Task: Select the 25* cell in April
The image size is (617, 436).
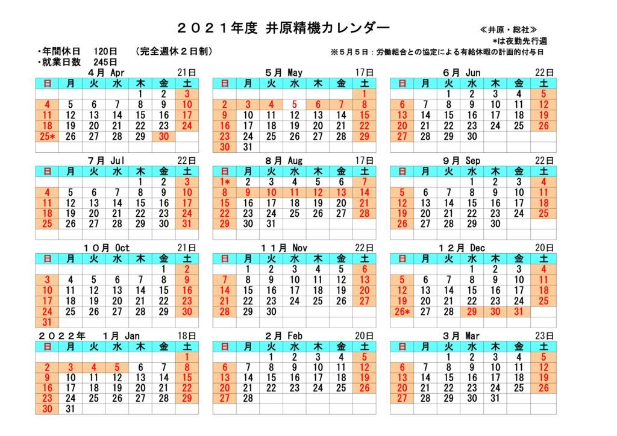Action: click(48, 137)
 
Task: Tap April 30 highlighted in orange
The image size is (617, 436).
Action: click(163, 137)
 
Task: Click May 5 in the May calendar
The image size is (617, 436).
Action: click(295, 104)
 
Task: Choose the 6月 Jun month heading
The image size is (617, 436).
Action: click(461, 73)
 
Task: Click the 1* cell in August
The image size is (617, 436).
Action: click(225, 181)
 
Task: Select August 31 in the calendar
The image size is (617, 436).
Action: click(271, 223)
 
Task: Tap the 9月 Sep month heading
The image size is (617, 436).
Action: click(462, 160)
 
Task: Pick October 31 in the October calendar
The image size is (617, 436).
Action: click(48, 322)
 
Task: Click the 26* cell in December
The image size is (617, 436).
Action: click(402, 311)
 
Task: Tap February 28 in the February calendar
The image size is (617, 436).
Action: click(248, 399)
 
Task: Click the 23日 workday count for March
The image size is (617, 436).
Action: click(544, 335)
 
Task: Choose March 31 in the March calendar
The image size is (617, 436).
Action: click(495, 399)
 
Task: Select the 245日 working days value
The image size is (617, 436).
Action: click(105, 62)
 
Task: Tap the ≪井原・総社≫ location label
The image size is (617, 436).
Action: click(509, 30)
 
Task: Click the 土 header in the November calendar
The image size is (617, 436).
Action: click(365, 258)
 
